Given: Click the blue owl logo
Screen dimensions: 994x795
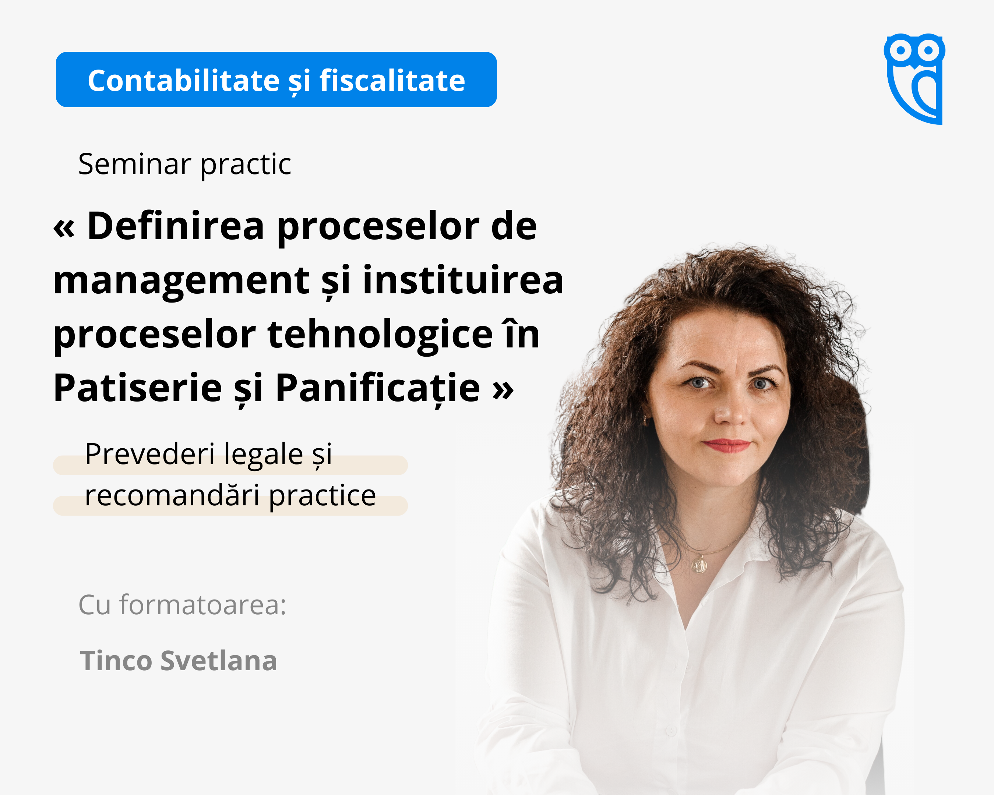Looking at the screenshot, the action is click(x=914, y=78).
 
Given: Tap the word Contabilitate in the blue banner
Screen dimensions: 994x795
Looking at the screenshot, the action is click(x=183, y=81).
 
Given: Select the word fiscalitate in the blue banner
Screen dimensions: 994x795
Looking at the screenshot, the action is click(x=392, y=81).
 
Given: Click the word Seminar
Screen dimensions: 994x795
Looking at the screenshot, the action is click(x=135, y=164).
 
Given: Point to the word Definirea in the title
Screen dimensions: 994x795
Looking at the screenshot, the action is click(x=176, y=226).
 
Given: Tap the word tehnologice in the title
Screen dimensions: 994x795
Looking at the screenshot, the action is click(x=380, y=335).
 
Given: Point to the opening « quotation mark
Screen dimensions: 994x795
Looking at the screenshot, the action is click(x=64, y=228).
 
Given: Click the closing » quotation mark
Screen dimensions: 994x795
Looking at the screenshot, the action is click(x=503, y=390).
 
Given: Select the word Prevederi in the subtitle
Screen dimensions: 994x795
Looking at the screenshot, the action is click(x=150, y=454).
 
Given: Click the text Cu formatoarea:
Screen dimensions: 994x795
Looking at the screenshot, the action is click(x=183, y=605).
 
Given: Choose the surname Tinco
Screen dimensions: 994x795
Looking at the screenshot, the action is click(x=116, y=661).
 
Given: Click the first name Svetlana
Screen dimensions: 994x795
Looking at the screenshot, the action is click(x=219, y=661).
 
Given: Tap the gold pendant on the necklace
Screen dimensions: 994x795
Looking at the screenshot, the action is click(x=699, y=565).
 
